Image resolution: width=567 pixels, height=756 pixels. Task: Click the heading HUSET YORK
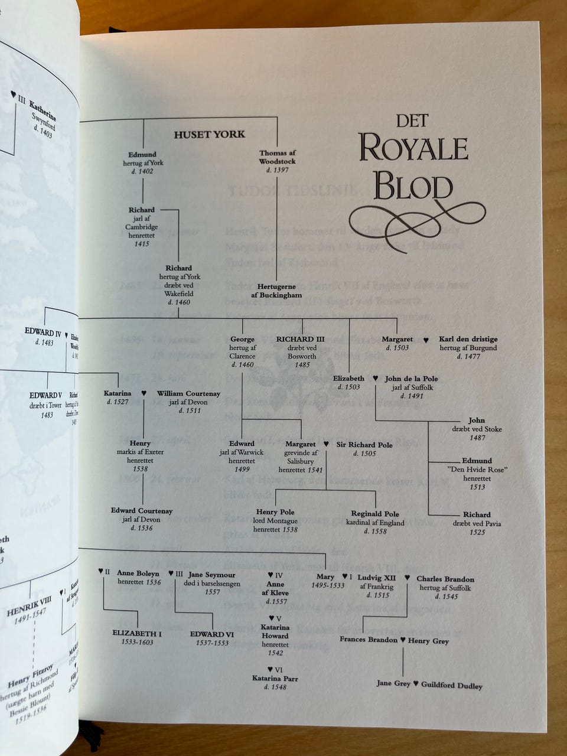coord(209,135)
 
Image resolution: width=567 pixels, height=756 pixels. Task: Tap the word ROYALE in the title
coord(413,148)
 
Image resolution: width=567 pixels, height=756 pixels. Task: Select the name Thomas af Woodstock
coord(277,157)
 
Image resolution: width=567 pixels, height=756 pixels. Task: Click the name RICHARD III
coord(300,339)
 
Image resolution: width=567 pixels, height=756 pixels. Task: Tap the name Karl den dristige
coord(468,339)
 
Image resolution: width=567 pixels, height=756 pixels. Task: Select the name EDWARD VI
coord(212,634)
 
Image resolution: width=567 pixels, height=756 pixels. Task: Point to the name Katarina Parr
coord(275,679)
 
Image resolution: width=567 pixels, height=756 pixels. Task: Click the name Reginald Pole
coord(374,514)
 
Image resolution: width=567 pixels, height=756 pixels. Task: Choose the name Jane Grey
coord(393,683)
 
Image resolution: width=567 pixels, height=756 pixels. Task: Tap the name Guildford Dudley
coord(451,686)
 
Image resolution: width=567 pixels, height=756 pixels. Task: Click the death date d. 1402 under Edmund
coord(143,171)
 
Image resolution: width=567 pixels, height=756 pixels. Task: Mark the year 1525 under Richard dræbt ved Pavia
coord(477,532)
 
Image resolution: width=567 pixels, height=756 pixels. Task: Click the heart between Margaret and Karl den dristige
coord(426,340)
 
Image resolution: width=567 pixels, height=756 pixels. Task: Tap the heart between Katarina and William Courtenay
coord(144,393)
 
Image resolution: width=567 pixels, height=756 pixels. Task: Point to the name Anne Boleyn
coord(138,573)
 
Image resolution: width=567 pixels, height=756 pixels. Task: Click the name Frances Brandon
coord(369,639)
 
